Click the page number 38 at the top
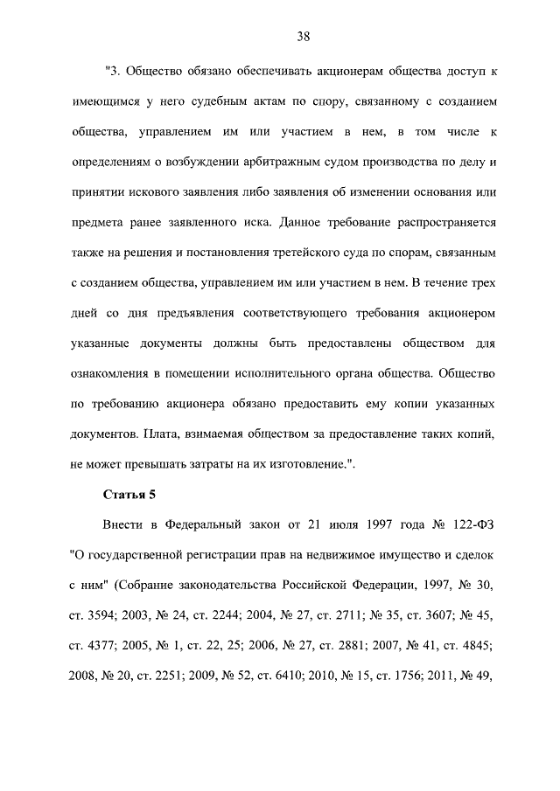point(304,36)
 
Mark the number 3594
point(97,614)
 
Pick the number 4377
point(97,645)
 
